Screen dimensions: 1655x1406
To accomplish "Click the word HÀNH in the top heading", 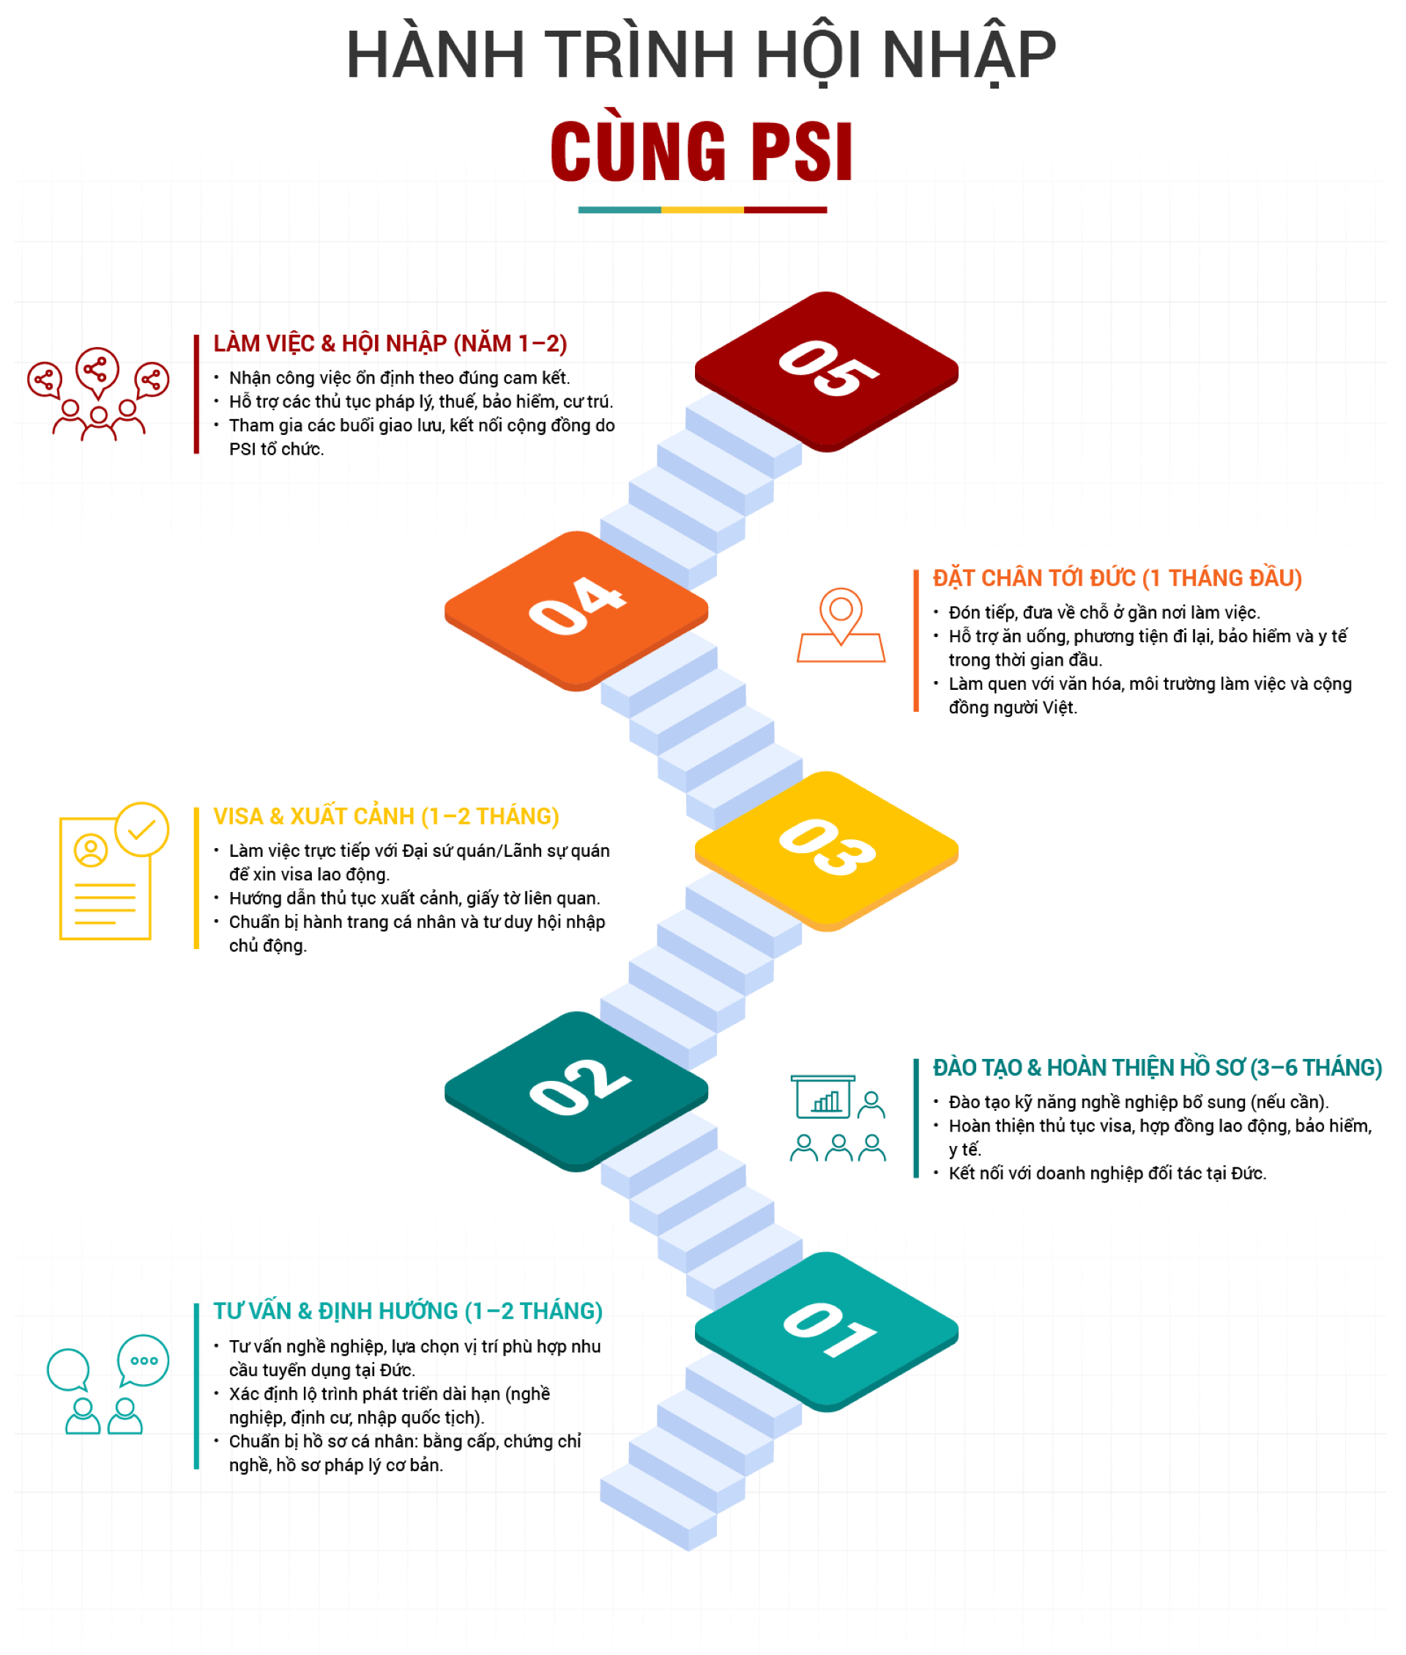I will tap(435, 55).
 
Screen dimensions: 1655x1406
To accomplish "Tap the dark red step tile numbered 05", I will tap(827, 371).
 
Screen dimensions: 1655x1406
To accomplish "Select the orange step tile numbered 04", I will tap(576, 610).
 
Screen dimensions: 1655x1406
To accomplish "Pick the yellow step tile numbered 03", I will tap(827, 849).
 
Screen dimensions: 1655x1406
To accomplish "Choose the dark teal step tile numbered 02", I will tap(576, 1090).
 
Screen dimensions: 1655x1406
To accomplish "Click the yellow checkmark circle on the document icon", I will tap(142, 829).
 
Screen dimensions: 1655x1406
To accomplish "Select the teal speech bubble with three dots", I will tap(144, 1360).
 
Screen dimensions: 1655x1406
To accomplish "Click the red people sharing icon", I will tap(98, 394).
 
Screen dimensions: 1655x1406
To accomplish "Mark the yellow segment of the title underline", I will tap(702, 209).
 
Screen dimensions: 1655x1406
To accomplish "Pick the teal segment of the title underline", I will tap(620, 209).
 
